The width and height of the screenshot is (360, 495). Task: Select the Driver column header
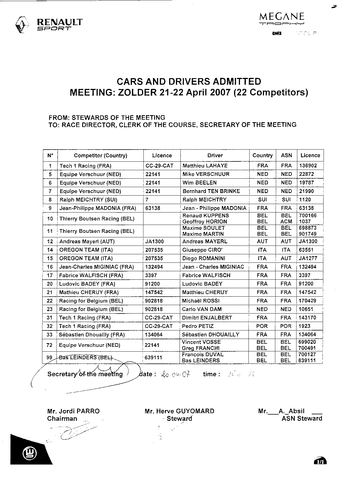(x=215, y=155)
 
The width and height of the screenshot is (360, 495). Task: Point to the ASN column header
(x=286, y=155)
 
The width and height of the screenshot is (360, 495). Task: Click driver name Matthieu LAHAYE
(x=205, y=166)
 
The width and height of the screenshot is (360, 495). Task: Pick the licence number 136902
(x=308, y=166)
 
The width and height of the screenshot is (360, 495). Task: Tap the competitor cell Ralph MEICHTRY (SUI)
(x=88, y=200)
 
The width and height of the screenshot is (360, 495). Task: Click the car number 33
(x=50, y=335)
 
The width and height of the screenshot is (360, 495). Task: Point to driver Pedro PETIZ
(x=198, y=326)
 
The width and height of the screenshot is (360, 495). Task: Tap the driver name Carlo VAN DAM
(x=202, y=309)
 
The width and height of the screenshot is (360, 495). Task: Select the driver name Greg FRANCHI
(x=201, y=348)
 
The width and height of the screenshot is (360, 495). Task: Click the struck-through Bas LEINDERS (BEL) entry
(x=86, y=358)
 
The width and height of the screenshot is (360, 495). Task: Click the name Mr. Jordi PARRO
(x=73, y=411)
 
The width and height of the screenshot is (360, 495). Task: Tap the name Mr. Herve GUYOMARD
(x=179, y=411)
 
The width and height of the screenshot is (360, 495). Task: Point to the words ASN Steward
(x=302, y=419)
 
